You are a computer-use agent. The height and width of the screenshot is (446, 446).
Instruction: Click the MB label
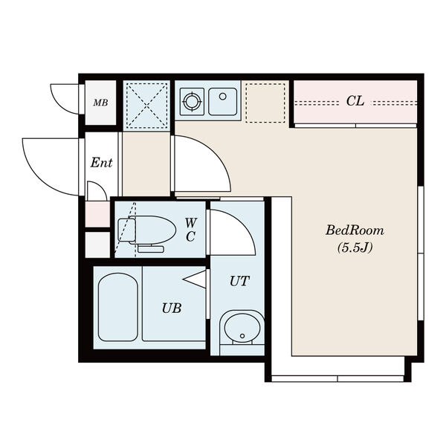100,103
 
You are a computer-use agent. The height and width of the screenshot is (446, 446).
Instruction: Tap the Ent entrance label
101,163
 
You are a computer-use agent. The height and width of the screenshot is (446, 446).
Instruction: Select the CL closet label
355,101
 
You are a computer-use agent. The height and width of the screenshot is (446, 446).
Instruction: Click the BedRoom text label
355,230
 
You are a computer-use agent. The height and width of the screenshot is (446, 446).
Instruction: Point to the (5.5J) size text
355,248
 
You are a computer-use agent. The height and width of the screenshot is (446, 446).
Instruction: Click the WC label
190,230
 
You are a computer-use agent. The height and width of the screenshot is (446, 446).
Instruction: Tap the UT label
239,281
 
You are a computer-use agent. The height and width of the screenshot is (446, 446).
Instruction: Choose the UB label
172,308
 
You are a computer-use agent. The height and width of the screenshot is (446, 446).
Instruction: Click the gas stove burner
192,102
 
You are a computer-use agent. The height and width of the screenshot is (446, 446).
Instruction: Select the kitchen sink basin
223,102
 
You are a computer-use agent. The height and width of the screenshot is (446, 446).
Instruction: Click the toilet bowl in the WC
152,230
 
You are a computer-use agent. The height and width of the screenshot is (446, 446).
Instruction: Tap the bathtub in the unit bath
118,307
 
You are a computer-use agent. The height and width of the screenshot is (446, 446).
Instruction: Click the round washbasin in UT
242,327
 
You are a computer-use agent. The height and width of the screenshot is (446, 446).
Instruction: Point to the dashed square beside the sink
265,103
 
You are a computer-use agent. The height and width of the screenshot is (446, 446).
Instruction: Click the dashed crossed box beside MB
146,106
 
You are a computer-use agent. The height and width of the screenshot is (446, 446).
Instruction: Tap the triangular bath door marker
194,279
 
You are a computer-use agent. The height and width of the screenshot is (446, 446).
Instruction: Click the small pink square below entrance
97,214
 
